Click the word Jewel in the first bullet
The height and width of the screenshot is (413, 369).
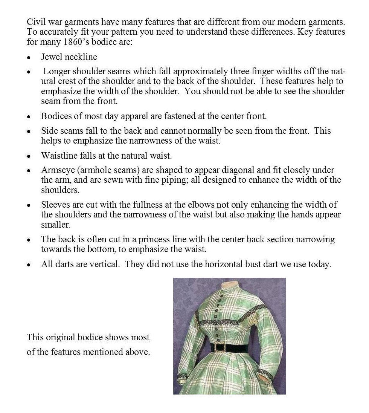click(x=50, y=57)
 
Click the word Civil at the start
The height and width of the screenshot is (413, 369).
click(x=35, y=22)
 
